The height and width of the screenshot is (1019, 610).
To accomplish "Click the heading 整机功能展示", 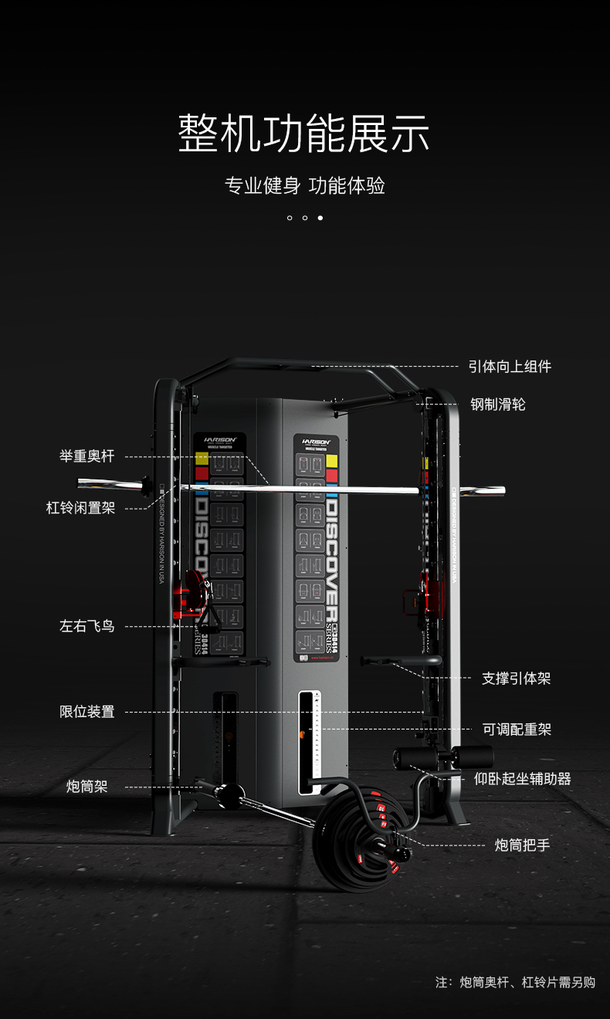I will click(x=304, y=134).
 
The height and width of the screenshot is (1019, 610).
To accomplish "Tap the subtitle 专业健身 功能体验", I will click(x=304, y=186).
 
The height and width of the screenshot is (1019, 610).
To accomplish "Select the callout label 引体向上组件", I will click(x=510, y=367).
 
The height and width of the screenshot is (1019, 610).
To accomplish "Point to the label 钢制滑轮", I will click(x=498, y=405).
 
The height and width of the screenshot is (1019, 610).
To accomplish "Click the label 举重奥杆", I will click(x=87, y=456).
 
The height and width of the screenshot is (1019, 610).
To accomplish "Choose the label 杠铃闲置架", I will click(x=80, y=508).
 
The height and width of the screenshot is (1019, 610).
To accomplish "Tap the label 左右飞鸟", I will click(x=87, y=626).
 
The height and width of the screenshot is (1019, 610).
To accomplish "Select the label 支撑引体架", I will click(x=516, y=679).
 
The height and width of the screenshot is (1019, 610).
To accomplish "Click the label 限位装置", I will click(x=87, y=712).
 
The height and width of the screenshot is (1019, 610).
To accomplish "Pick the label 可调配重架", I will click(x=517, y=730).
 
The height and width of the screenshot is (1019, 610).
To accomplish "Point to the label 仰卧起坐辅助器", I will click(x=523, y=779).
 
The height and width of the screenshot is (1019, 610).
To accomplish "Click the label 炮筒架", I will click(x=86, y=787).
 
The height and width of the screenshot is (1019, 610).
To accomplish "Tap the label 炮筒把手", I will click(x=523, y=845).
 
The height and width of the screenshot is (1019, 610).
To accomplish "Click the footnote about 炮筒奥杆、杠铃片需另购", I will click(x=515, y=983).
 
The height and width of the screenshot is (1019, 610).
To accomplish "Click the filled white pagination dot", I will click(x=320, y=218).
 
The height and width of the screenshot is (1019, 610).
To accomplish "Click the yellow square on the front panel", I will click(x=332, y=461).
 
